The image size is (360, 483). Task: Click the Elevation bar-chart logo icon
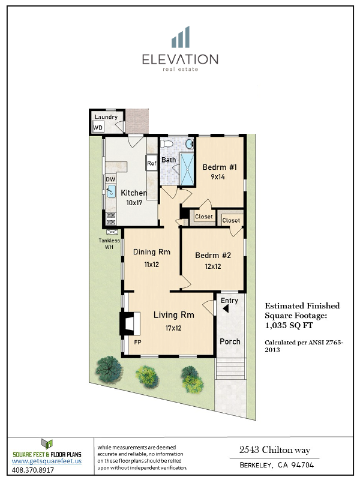pyautogui.click(x=181, y=37)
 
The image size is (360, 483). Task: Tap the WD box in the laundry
pyautogui.click(x=98, y=128)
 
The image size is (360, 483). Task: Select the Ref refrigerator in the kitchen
pyautogui.click(x=151, y=163)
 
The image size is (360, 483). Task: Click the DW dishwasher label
pyautogui.click(x=110, y=179)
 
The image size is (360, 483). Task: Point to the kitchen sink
pyautogui.click(x=110, y=191)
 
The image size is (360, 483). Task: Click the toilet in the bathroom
pyautogui.click(x=167, y=143)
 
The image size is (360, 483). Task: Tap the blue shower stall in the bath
pyautogui.click(x=187, y=169)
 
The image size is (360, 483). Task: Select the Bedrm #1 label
pyautogui.click(x=220, y=167)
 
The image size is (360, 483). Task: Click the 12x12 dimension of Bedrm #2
pyautogui.click(x=213, y=266)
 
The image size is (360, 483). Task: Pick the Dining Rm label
pyautogui.click(x=152, y=252)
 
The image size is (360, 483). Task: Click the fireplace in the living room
pyautogui.click(x=130, y=323)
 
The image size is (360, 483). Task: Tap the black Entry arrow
pyautogui.click(x=226, y=308)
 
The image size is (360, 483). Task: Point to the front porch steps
pyautogui.click(x=230, y=369)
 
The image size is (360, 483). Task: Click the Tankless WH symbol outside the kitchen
pyautogui.click(x=112, y=232)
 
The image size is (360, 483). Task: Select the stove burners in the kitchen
pyautogui.click(x=111, y=219)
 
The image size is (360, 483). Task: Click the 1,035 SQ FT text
pyautogui.click(x=289, y=326)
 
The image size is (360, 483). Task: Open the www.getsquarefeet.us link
pyautogui.click(x=47, y=461)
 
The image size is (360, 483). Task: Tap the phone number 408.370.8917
pyautogui.click(x=33, y=470)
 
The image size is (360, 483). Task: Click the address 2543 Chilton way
pyautogui.click(x=275, y=451)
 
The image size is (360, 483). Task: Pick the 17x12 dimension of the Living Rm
pyautogui.click(x=173, y=328)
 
